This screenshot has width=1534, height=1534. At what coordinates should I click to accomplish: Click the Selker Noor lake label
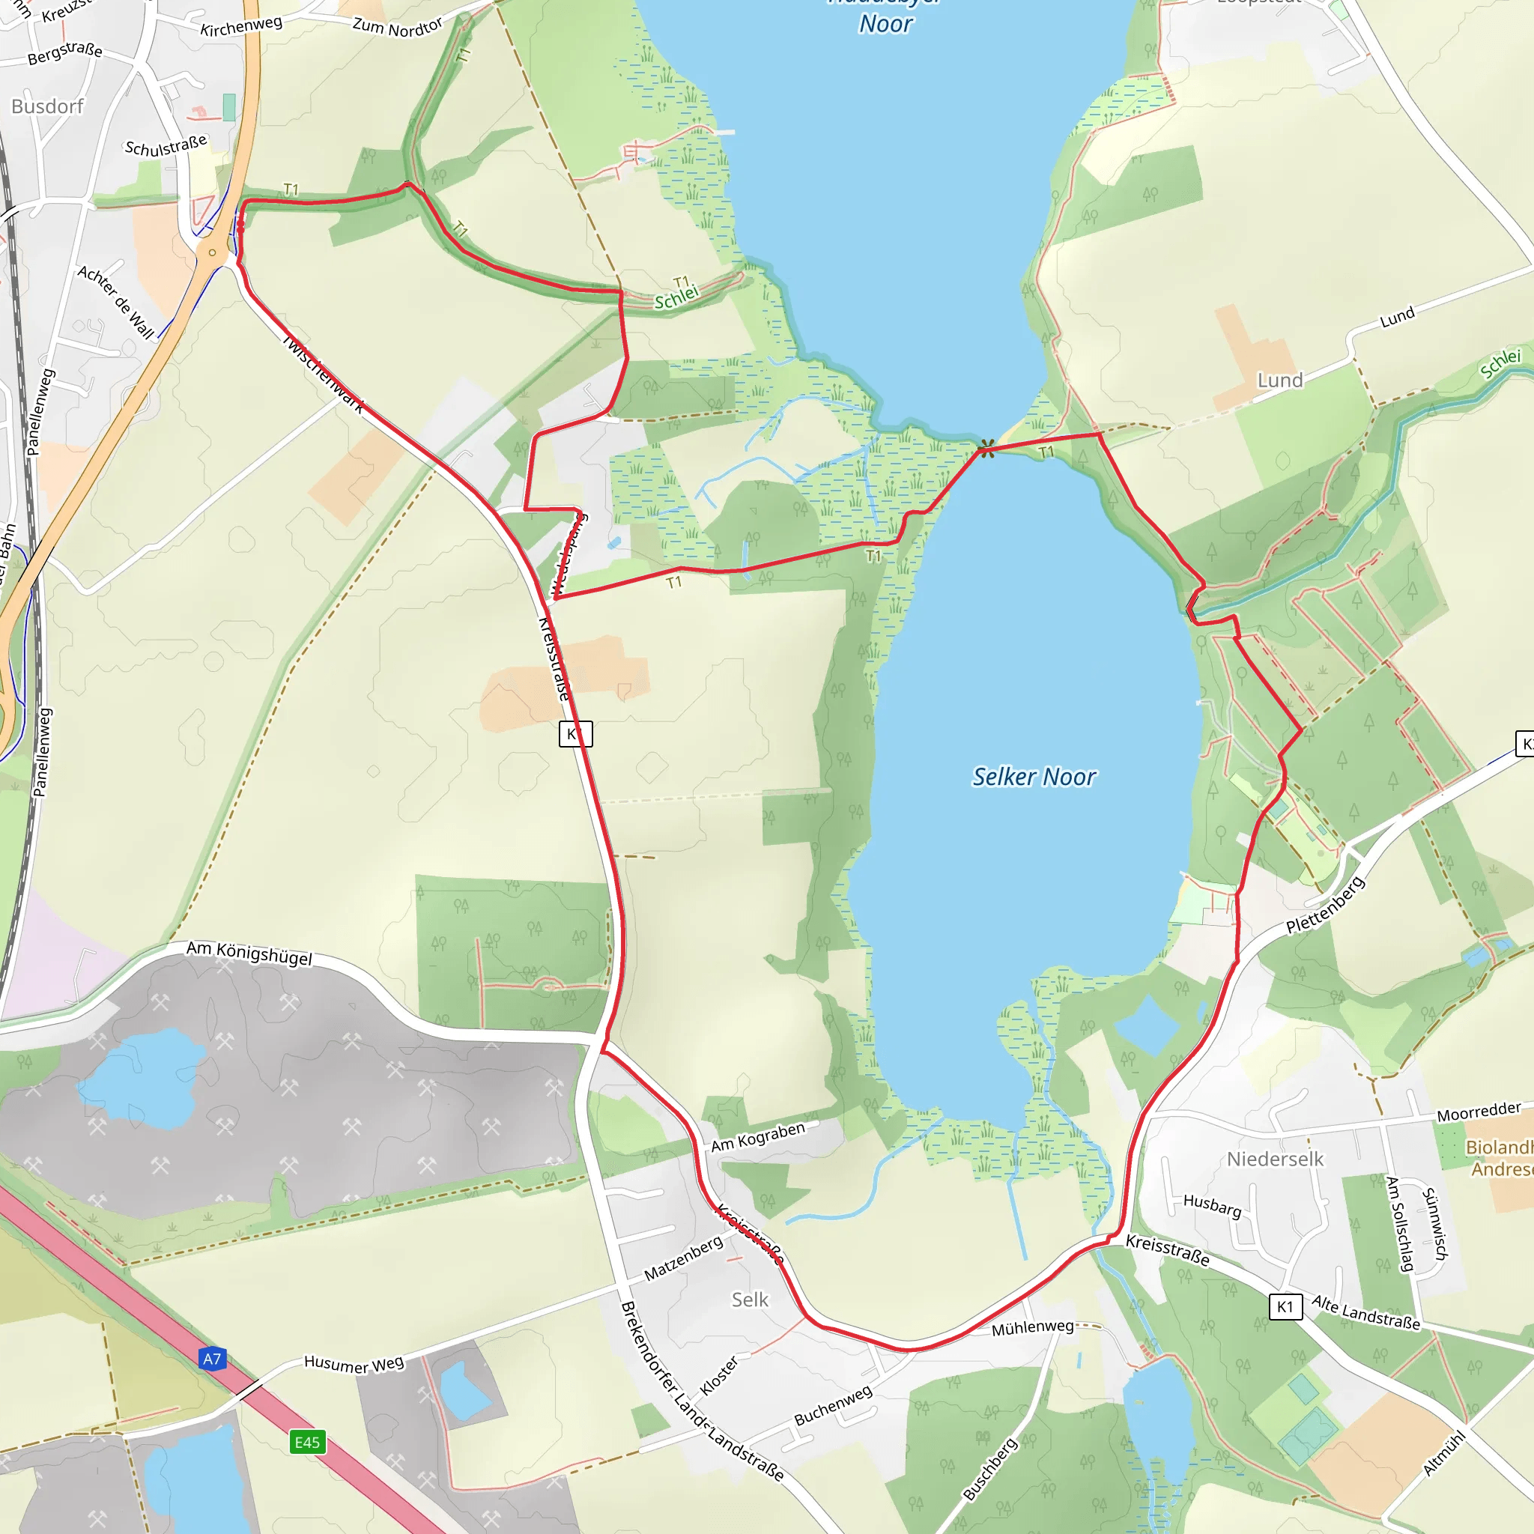click(1034, 777)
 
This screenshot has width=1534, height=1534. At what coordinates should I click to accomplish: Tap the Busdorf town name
click(48, 106)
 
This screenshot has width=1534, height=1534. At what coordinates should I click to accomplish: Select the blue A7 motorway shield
click(212, 1359)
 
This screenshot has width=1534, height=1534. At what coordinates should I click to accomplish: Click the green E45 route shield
click(307, 1443)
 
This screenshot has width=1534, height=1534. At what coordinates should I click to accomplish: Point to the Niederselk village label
click(1275, 1159)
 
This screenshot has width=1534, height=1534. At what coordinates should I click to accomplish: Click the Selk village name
click(750, 1300)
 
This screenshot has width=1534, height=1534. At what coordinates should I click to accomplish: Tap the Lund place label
click(1280, 381)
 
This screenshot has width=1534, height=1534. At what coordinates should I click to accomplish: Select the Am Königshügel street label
click(249, 953)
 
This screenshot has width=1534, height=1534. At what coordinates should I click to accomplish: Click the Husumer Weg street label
click(354, 1364)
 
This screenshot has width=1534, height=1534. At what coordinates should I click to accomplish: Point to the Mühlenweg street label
click(1032, 1327)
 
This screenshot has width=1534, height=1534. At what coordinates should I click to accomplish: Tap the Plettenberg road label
click(1325, 905)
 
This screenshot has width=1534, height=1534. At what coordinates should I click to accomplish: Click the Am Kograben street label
click(757, 1137)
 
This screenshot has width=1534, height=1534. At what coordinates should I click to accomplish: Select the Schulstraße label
click(166, 145)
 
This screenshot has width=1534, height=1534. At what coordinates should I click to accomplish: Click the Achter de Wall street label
click(116, 303)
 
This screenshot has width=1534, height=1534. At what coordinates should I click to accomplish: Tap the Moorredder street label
click(1479, 1112)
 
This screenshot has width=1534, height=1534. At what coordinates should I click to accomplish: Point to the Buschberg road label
click(990, 1470)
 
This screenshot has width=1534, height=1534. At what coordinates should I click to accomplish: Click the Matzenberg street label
click(683, 1258)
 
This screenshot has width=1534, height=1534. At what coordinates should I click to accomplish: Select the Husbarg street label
click(1212, 1205)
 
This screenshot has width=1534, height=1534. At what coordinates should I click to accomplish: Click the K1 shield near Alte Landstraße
click(1285, 1306)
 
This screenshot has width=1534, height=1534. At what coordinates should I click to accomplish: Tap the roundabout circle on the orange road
click(212, 253)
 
